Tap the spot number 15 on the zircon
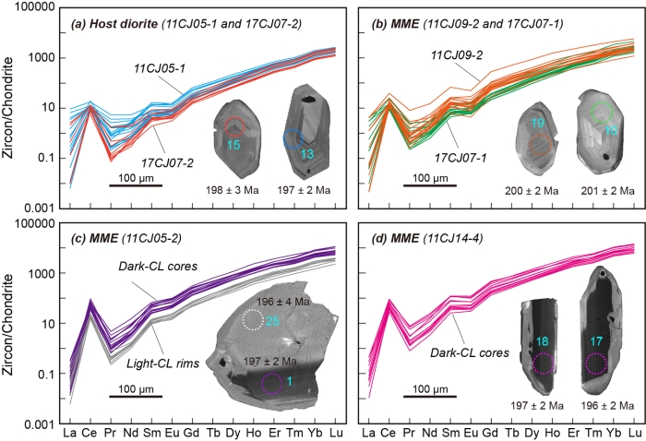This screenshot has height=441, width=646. coord(234,144)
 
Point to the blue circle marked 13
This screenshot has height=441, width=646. coord(293,139)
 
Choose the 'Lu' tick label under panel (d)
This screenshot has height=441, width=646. coord(634,432)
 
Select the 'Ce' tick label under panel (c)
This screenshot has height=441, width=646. coord(90,432)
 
